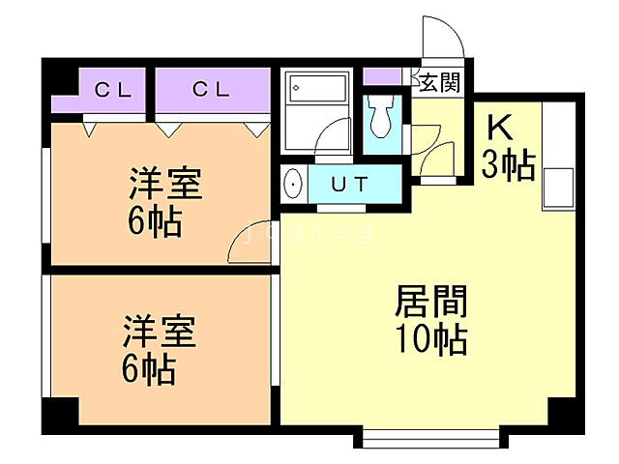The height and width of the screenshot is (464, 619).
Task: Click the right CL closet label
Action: [210, 90]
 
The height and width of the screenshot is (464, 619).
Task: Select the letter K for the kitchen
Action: [499, 129]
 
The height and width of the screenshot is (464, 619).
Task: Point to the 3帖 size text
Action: [508, 166]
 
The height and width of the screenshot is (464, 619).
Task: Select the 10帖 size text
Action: [431, 340]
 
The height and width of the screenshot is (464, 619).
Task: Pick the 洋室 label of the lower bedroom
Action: [159, 332]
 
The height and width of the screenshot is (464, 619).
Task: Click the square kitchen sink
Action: [558, 184]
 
